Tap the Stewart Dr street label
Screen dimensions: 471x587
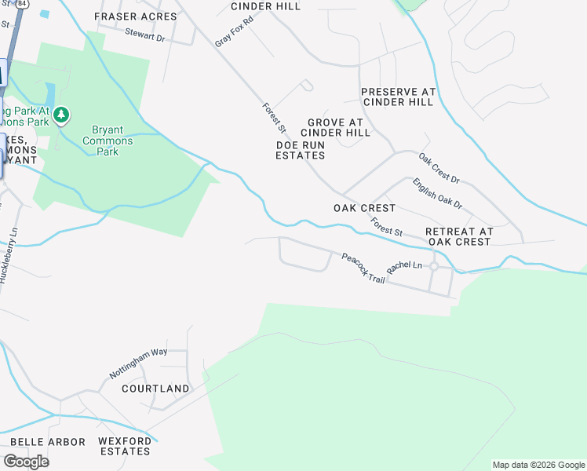(x=145, y=35)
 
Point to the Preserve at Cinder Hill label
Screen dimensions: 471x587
(x=398, y=97)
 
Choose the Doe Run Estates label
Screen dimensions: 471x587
(x=301, y=150)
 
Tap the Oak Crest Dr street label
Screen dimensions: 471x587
(x=439, y=169)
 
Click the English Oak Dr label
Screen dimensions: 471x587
(x=437, y=193)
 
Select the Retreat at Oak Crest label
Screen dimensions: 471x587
(x=459, y=236)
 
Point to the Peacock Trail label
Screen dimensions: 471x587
(x=363, y=268)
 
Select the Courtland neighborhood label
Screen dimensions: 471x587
(x=155, y=389)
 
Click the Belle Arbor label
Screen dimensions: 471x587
(x=48, y=442)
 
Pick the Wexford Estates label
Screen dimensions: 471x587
(x=125, y=447)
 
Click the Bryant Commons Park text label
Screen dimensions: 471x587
(x=112, y=141)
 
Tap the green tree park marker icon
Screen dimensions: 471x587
(x=61, y=116)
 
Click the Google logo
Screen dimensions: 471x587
(x=26, y=462)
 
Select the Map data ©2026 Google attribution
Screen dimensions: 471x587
(x=538, y=465)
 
